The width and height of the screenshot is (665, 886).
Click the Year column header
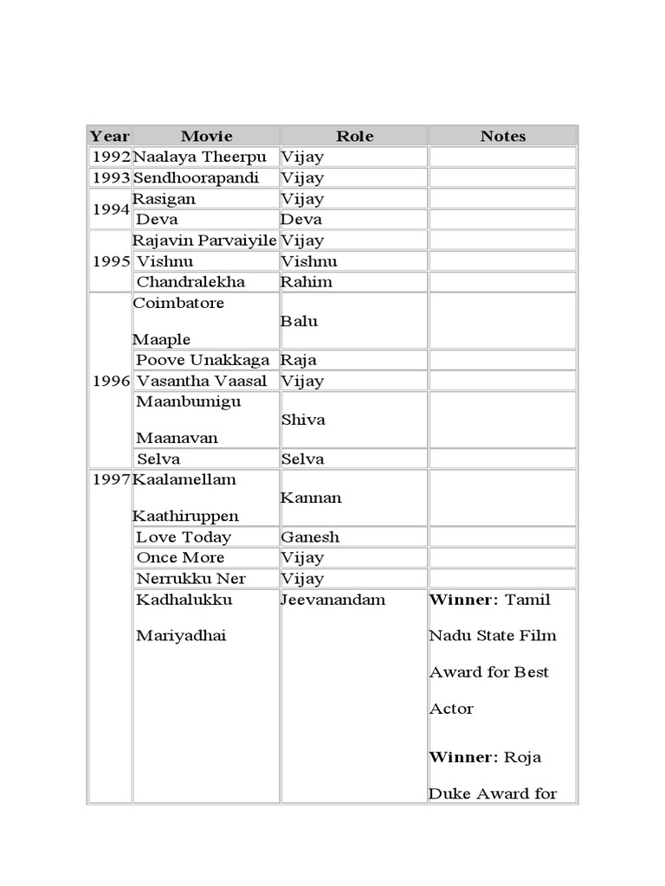coord(110,136)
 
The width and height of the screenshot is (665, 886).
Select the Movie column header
coord(207,136)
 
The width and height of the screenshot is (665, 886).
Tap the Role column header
coord(355,136)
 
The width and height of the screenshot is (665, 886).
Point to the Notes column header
coord(503,136)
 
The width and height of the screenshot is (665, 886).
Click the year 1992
coord(111,157)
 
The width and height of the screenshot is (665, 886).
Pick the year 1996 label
coord(111,381)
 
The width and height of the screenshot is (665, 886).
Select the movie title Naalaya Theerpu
coord(200,157)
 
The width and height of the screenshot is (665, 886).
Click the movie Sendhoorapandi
coord(196,177)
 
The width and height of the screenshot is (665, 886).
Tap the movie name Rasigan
coord(165,198)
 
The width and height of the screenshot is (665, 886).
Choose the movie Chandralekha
coord(190,281)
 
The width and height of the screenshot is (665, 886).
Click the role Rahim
coord(307,281)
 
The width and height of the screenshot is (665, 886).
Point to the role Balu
coord(300,321)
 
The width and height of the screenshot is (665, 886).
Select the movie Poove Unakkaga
coord(203,360)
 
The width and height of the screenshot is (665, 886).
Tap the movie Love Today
coord(184,536)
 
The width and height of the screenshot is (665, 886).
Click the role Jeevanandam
coord(333,600)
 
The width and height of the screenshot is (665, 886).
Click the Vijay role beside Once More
coord(302,557)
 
